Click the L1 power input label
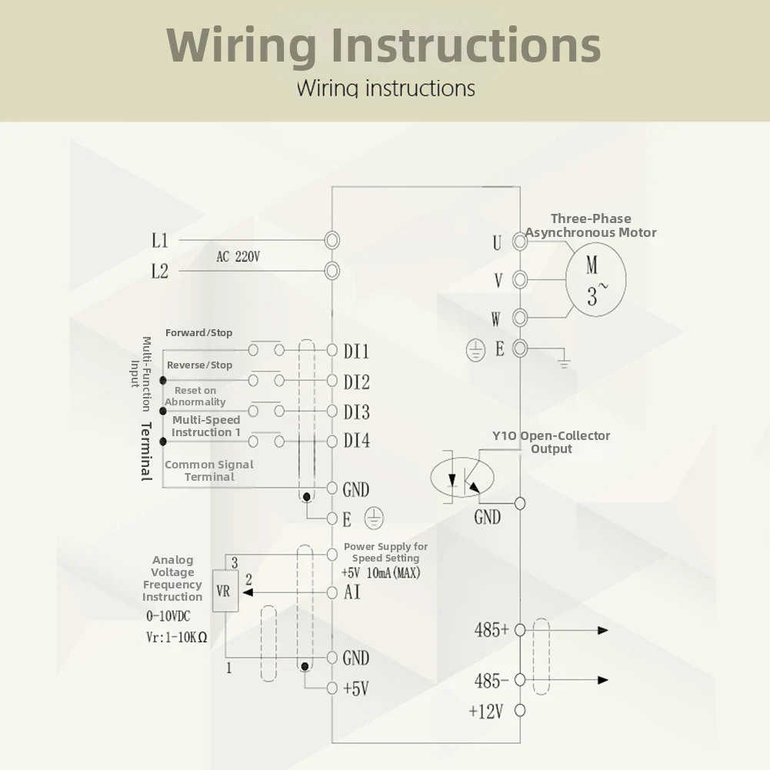[x=159, y=241]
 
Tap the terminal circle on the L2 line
[x=332, y=271]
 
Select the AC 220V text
[x=238, y=256]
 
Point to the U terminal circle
[x=520, y=241]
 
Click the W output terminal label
[x=496, y=319]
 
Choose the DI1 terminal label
[x=356, y=352]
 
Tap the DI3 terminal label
[x=356, y=412]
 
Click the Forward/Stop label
[x=199, y=332]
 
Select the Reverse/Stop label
[x=199, y=365]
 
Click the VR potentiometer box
[x=225, y=591]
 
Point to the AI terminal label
[x=352, y=592]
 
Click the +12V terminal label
[x=486, y=711]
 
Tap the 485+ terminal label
[x=492, y=629]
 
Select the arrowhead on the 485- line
[x=603, y=680]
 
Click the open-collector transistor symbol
[x=462, y=477]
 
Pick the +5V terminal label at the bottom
[x=356, y=688]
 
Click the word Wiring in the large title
[x=241, y=45]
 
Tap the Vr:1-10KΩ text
[x=177, y=638]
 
